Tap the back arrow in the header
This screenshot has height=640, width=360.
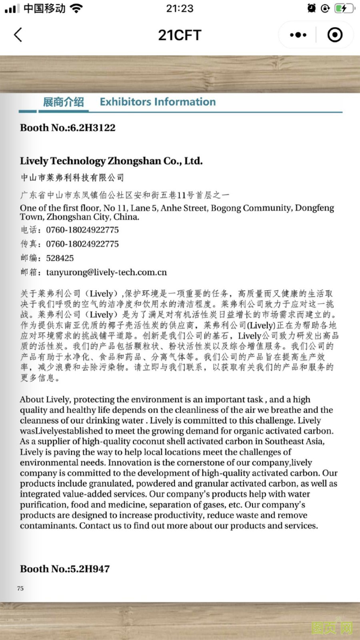coord(18,35)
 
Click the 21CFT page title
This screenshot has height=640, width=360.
coord(180,35)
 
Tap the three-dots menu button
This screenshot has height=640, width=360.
coord(298,35)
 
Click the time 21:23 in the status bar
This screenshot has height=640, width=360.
coord(180,8)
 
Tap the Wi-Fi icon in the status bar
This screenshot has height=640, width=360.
coord(76,8)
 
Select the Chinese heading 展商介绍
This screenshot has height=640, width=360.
coord(63,102)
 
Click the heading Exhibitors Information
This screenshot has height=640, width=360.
coord(158,102)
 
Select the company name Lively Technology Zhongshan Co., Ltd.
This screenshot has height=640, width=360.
coord(111,161)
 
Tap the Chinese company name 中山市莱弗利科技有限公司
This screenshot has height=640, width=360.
coord(72,177)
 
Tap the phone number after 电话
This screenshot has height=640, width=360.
coord(82,230)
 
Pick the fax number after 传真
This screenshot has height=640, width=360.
coord(82,244)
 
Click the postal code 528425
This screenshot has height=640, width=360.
coord(60,258)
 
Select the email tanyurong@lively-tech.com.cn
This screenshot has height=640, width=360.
coord(106,272)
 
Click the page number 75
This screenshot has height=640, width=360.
coord(20,588)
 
